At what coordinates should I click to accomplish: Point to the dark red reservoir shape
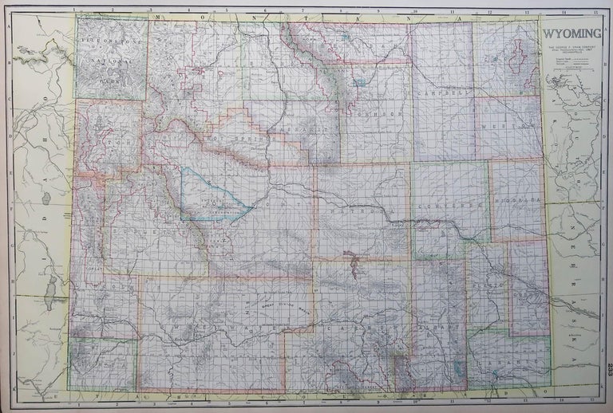pos(349,257)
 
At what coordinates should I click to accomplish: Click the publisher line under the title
pos(572,49)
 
